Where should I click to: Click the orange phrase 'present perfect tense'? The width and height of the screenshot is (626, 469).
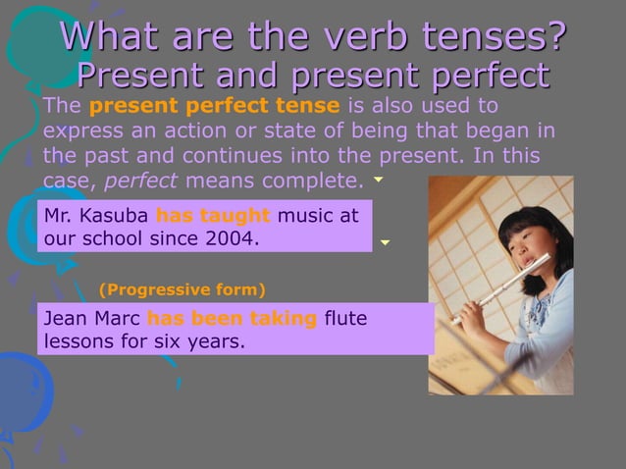(x=215, y=106)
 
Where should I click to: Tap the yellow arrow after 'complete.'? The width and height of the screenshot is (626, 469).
(x=378, y=181)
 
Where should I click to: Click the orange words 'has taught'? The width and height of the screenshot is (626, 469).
(x=213, y=215)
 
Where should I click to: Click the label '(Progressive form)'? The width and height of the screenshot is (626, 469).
(x=183, y=289)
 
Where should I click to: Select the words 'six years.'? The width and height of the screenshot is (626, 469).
(x=205, y=342)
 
